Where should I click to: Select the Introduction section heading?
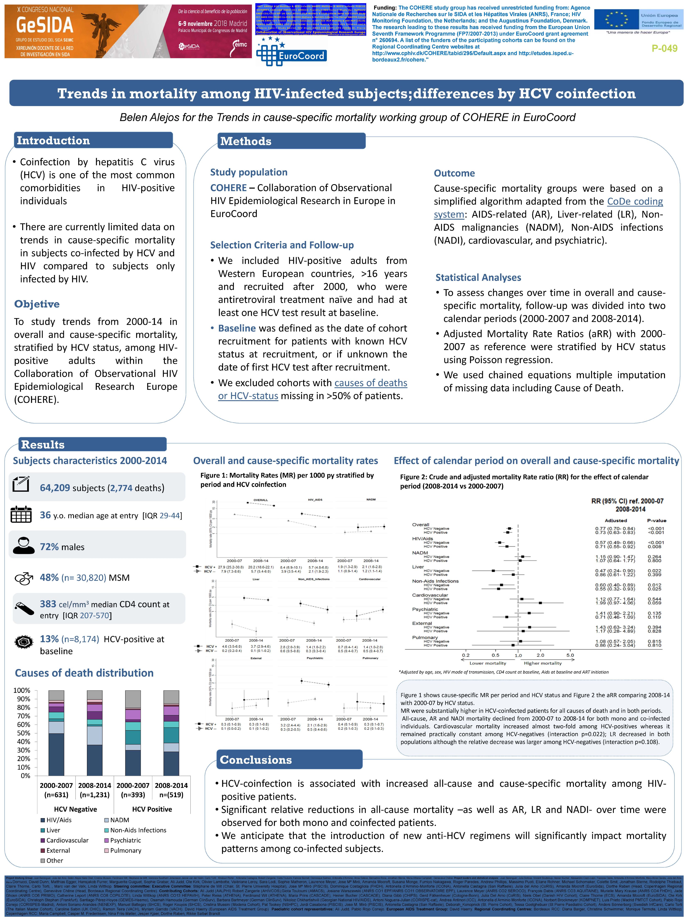(53, 140)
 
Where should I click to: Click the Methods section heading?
(246, 141)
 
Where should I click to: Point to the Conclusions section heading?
(256, 760)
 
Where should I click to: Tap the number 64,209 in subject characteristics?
(55, 488)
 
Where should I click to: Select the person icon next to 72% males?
(23, 545)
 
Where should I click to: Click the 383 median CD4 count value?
(48, 604)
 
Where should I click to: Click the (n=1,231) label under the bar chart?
(95, 795)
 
